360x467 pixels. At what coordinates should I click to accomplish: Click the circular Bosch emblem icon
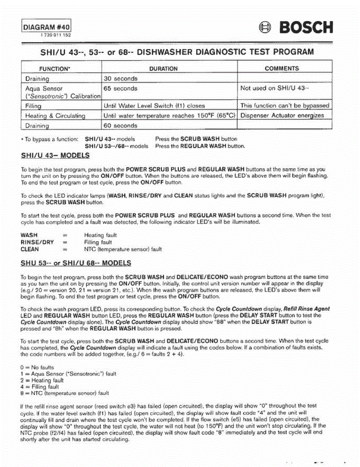click(x=266, y=28)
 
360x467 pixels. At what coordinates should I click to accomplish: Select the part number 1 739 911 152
click(x=55, y=35)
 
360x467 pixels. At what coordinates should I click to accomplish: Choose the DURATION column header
click(x=163, y=69)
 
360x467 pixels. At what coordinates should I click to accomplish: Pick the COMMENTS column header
click(x=282, y=68)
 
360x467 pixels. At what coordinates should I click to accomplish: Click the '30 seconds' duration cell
click(x=121, y=79)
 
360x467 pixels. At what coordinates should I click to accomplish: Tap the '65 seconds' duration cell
click(x=121, y=88)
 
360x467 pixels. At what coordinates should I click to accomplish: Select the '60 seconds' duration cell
click(x=121, y=126)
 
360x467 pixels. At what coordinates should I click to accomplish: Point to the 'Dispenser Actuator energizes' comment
click(x=282, y=116)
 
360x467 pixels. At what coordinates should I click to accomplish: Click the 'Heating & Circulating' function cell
click(x=55, y=116)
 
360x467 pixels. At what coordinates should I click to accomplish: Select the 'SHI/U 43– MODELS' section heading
click(x=55, y=156)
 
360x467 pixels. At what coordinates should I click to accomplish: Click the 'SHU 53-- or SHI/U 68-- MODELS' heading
click(x=76, y=263)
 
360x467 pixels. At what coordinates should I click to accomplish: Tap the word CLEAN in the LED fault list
click(x=30, y=249)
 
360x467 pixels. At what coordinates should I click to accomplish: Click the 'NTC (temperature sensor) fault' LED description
click(x=123, y=249)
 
